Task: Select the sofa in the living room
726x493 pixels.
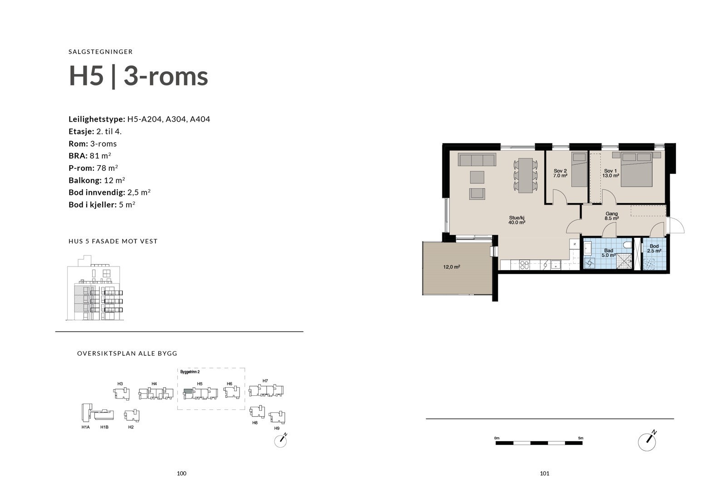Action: (476, 160)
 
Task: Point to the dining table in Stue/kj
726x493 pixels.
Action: (526, 175)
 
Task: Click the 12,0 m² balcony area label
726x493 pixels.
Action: (451, 267)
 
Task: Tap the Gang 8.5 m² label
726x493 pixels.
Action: (611, 216)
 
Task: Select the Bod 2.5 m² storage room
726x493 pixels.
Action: (655, 255)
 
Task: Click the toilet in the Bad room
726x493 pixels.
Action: (628, 245)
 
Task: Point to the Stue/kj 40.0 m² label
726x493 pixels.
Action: (517, 220)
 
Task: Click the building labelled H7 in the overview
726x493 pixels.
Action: (266, 390)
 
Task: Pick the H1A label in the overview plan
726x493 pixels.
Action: (85, 427)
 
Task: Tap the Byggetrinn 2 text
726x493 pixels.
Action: (190, 372)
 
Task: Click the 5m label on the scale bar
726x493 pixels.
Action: (581, 438)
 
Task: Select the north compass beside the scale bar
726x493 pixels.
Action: (648, 441)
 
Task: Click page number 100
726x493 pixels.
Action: (181, 473)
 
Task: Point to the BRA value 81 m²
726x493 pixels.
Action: (101, 156)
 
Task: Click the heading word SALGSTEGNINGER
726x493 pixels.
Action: (101, 52)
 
